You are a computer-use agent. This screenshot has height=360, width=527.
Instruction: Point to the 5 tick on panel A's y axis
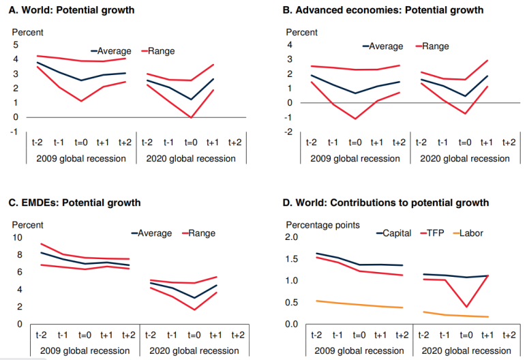(x=16, y=45)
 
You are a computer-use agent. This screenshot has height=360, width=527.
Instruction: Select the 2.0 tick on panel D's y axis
(x=292, y=237)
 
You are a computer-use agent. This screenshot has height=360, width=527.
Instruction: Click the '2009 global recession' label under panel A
(x=82, y=159)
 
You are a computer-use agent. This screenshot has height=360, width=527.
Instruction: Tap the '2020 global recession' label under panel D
(x=465, y=351)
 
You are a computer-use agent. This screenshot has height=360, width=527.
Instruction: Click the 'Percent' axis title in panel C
(x=28, y=224)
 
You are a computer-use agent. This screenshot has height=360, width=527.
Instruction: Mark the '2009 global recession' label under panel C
(x=82, y=351)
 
